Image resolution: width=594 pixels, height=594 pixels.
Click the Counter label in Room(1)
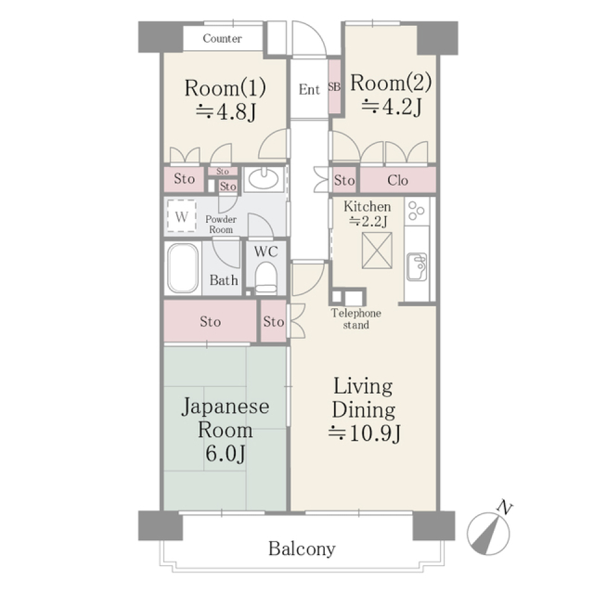pos(222,39)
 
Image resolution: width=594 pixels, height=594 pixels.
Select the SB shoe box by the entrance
pos(334,87)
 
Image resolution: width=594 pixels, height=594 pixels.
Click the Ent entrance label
pos(309,90)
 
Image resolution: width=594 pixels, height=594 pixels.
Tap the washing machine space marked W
pos(181,217)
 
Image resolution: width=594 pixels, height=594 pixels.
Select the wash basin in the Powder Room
pos(263,179)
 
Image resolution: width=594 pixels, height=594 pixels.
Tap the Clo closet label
pos(398,181)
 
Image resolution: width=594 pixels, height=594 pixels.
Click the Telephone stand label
pos(356,319)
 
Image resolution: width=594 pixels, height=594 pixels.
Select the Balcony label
pos(302,549)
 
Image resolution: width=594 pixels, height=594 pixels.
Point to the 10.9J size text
pos(365,433)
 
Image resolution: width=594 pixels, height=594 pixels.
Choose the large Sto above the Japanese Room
pos(210,322)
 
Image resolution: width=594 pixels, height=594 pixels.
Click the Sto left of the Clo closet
pos(345,181)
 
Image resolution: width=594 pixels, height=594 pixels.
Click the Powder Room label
pos(220,225)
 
